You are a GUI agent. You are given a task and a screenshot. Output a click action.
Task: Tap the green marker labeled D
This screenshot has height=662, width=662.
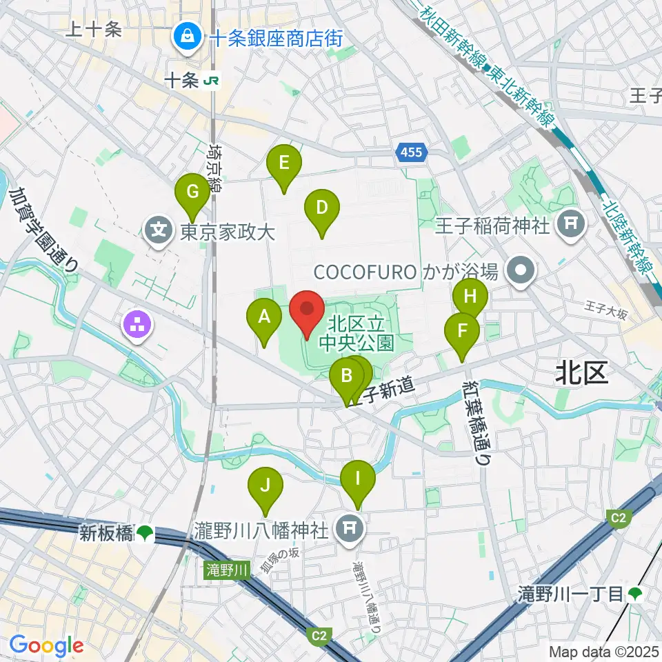tap(321, 208)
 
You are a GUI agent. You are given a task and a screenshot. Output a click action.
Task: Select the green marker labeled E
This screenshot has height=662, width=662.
tap(284, 163)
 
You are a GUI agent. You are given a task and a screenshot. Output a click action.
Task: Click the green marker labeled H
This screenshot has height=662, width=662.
tap(470, 297)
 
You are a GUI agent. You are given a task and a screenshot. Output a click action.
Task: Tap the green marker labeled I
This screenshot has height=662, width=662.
tap(357, 478)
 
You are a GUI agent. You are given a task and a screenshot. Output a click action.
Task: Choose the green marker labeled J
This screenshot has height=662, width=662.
tap(265, 485)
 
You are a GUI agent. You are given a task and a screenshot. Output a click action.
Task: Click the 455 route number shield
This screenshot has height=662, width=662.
tap(412, 153)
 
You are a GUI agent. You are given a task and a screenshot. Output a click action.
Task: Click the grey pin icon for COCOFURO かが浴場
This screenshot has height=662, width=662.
tap(523, 270)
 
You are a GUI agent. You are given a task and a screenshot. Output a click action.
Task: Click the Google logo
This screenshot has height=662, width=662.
tap(46, 645)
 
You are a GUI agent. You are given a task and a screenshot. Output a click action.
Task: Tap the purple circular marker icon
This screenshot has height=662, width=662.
tap(136, 327)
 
